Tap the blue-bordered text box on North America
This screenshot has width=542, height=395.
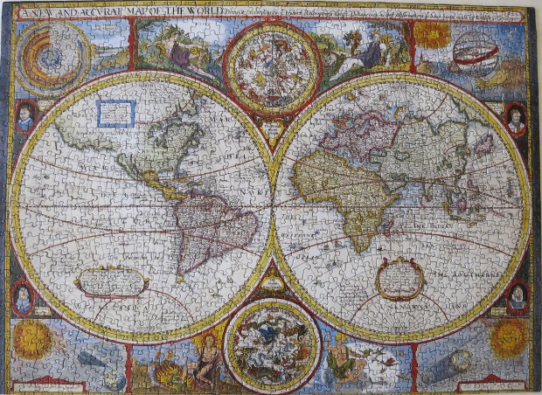[116, 113]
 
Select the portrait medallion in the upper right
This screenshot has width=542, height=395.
[517, 118]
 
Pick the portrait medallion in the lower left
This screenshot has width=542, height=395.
[23, 297]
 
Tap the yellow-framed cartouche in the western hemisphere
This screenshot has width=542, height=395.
[111, 281]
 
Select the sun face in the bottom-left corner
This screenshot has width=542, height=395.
[33, 338]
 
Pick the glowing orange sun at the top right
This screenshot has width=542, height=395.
[432, 35]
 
